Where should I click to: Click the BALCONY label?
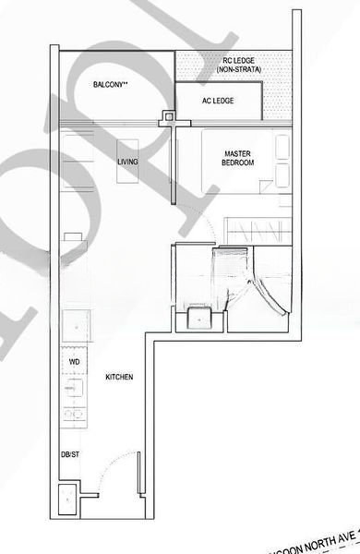point(110,85)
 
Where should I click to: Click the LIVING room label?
point(127,163)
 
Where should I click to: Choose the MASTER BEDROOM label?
point(237,158)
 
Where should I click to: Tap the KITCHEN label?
point(120,378)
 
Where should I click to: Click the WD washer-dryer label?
point(74,362)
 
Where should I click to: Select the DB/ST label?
point(70,455)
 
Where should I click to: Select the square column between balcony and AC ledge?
point(167,116)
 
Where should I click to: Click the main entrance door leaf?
point(139,473)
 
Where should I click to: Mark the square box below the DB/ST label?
point(69,500)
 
